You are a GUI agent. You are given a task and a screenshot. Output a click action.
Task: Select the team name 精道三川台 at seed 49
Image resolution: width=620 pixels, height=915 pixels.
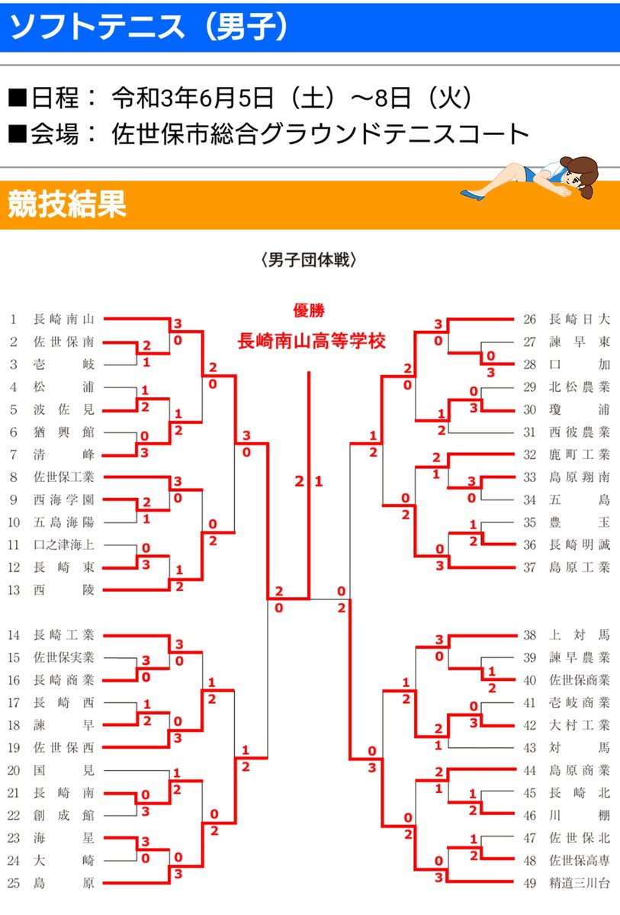pos(579,884)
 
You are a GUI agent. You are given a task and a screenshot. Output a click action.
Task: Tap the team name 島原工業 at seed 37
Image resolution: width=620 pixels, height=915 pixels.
pos(579,567)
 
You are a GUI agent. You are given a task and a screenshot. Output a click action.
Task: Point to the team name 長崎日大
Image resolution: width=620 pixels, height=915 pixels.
pos(579,319)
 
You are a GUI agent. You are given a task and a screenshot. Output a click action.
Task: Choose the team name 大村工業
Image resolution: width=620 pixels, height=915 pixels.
pos(579,725)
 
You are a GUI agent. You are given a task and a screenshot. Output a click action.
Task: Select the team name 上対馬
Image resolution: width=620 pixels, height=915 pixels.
pos(579,634)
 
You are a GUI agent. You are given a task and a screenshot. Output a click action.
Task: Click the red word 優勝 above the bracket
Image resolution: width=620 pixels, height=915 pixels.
pos(309,310)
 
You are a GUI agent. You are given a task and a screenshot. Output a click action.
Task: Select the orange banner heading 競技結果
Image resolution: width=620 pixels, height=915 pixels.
pos(66,205)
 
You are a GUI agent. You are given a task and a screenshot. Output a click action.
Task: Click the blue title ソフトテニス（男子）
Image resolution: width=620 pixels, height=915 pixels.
pos(149,27)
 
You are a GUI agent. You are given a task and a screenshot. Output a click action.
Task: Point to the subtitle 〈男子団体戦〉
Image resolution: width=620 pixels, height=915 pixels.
pos(309,260)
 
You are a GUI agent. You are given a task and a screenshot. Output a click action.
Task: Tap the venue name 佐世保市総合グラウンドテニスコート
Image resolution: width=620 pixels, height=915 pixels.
pos(320,133)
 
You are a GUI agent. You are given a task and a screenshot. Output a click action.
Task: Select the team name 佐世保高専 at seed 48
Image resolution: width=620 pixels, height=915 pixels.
pos(579,861)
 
